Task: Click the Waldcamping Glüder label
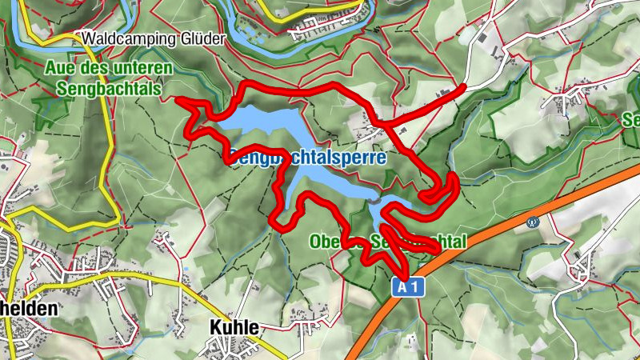[x=152, y=38]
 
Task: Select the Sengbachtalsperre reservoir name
[x=307, y=158]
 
